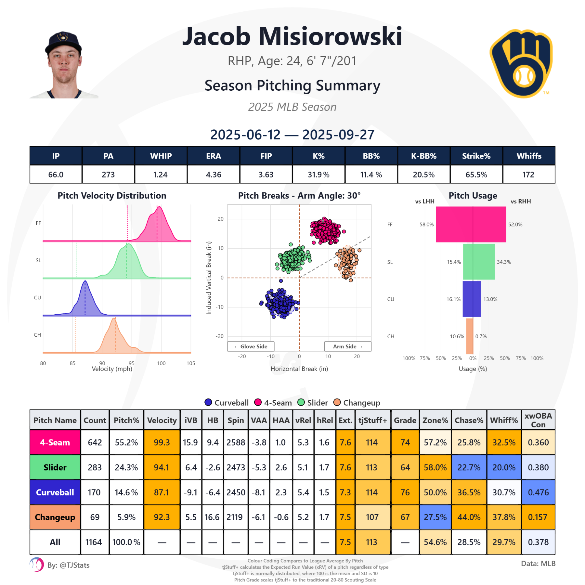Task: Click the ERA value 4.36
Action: click(x=213, y=175)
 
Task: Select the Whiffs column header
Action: click(x=529, y=156)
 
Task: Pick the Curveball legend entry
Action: click(x=227, y=403)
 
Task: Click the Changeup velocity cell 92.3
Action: click(x=162, y=517)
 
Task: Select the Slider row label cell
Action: click(x=55, y=467)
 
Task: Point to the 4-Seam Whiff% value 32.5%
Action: click(x=504, y=442)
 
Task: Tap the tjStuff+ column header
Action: click(x=373, y=420)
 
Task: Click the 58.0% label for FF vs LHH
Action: click(x=426, y=225)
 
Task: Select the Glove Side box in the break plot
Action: click(x=251, y=346)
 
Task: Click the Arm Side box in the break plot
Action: click(x=347, y=346)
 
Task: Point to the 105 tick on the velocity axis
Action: click(x=191, y=363)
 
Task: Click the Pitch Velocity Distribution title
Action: click(x=112, y=196)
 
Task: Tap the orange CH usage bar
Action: click(x=469, y=336)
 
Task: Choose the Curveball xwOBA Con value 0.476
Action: click(x=538, y=492)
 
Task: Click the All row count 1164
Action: click(x=94, y=542)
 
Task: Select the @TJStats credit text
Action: click(x=68, y=565)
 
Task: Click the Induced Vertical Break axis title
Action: click(x=209, y=278)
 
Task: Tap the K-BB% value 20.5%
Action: click(x=423, y=175)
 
